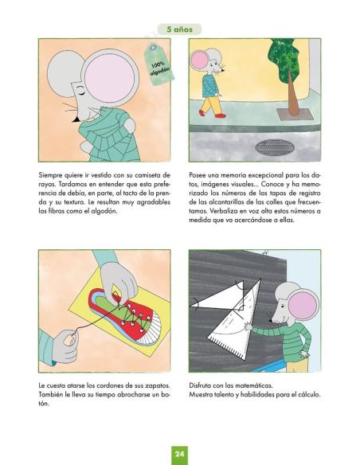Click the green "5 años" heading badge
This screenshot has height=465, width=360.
179,29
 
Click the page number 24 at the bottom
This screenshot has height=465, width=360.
180,453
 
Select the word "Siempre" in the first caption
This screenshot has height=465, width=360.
53,174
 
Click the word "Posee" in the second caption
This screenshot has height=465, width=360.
199,174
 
